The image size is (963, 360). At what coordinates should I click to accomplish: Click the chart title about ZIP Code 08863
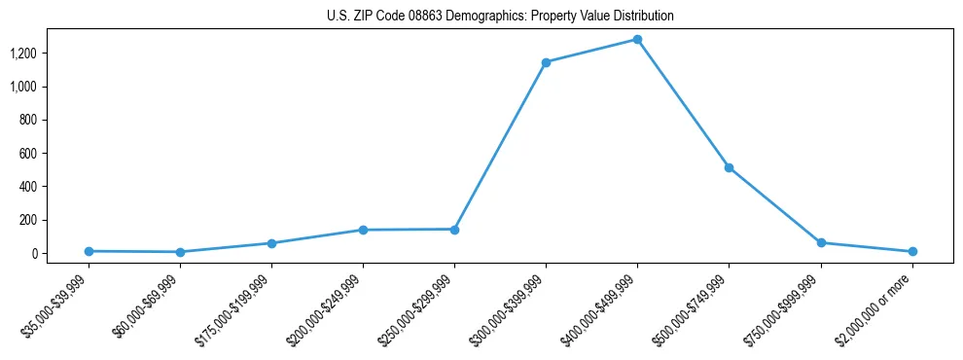481,17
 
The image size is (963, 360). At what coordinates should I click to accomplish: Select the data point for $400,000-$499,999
637,40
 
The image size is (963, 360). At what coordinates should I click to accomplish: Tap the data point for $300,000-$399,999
546,62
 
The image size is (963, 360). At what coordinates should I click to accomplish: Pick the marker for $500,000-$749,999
729,167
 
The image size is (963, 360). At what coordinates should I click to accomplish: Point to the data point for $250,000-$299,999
454,229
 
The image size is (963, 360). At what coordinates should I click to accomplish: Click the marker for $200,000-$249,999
363,230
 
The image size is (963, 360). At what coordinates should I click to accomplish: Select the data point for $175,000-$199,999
271,243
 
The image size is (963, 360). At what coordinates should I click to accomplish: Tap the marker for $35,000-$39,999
89,251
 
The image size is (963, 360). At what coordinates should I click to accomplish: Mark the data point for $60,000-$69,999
180,252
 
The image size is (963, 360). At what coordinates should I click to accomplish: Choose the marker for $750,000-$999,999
821,242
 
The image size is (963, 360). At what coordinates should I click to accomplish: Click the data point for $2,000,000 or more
912,251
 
